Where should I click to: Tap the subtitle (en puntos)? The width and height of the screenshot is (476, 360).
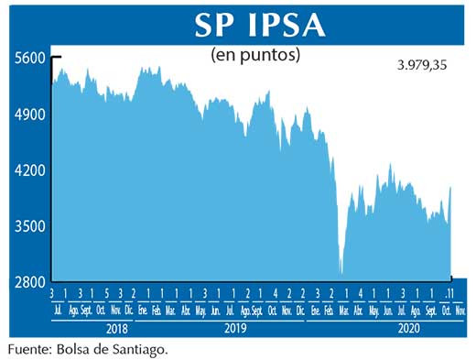pos(255,55)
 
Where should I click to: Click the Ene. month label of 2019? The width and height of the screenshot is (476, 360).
pos(143,311)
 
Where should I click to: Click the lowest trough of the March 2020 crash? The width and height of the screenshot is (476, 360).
pos(341,272)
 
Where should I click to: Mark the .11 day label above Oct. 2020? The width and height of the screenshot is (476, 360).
pos(449,293)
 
